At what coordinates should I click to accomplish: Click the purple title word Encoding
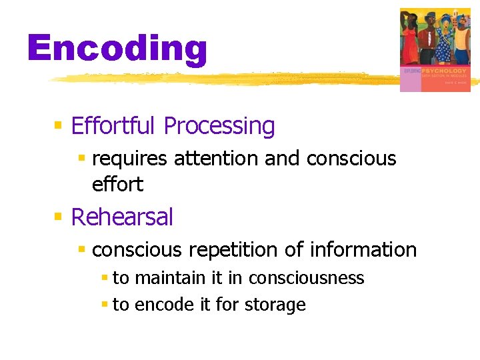(117, 50)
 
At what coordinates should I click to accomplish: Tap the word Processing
(219, 125)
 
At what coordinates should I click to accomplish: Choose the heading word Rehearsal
(122, 217)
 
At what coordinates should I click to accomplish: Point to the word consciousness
(306, 278)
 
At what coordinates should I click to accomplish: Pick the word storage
(275, 305)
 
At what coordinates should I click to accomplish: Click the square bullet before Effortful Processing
(59, 125)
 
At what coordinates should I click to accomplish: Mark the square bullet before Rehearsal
(59, 217)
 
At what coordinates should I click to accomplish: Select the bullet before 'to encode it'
(104, 305)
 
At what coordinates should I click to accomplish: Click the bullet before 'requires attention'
(82, 159)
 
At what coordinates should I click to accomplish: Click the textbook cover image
(435, 49)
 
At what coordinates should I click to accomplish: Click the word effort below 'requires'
(117, 184)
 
